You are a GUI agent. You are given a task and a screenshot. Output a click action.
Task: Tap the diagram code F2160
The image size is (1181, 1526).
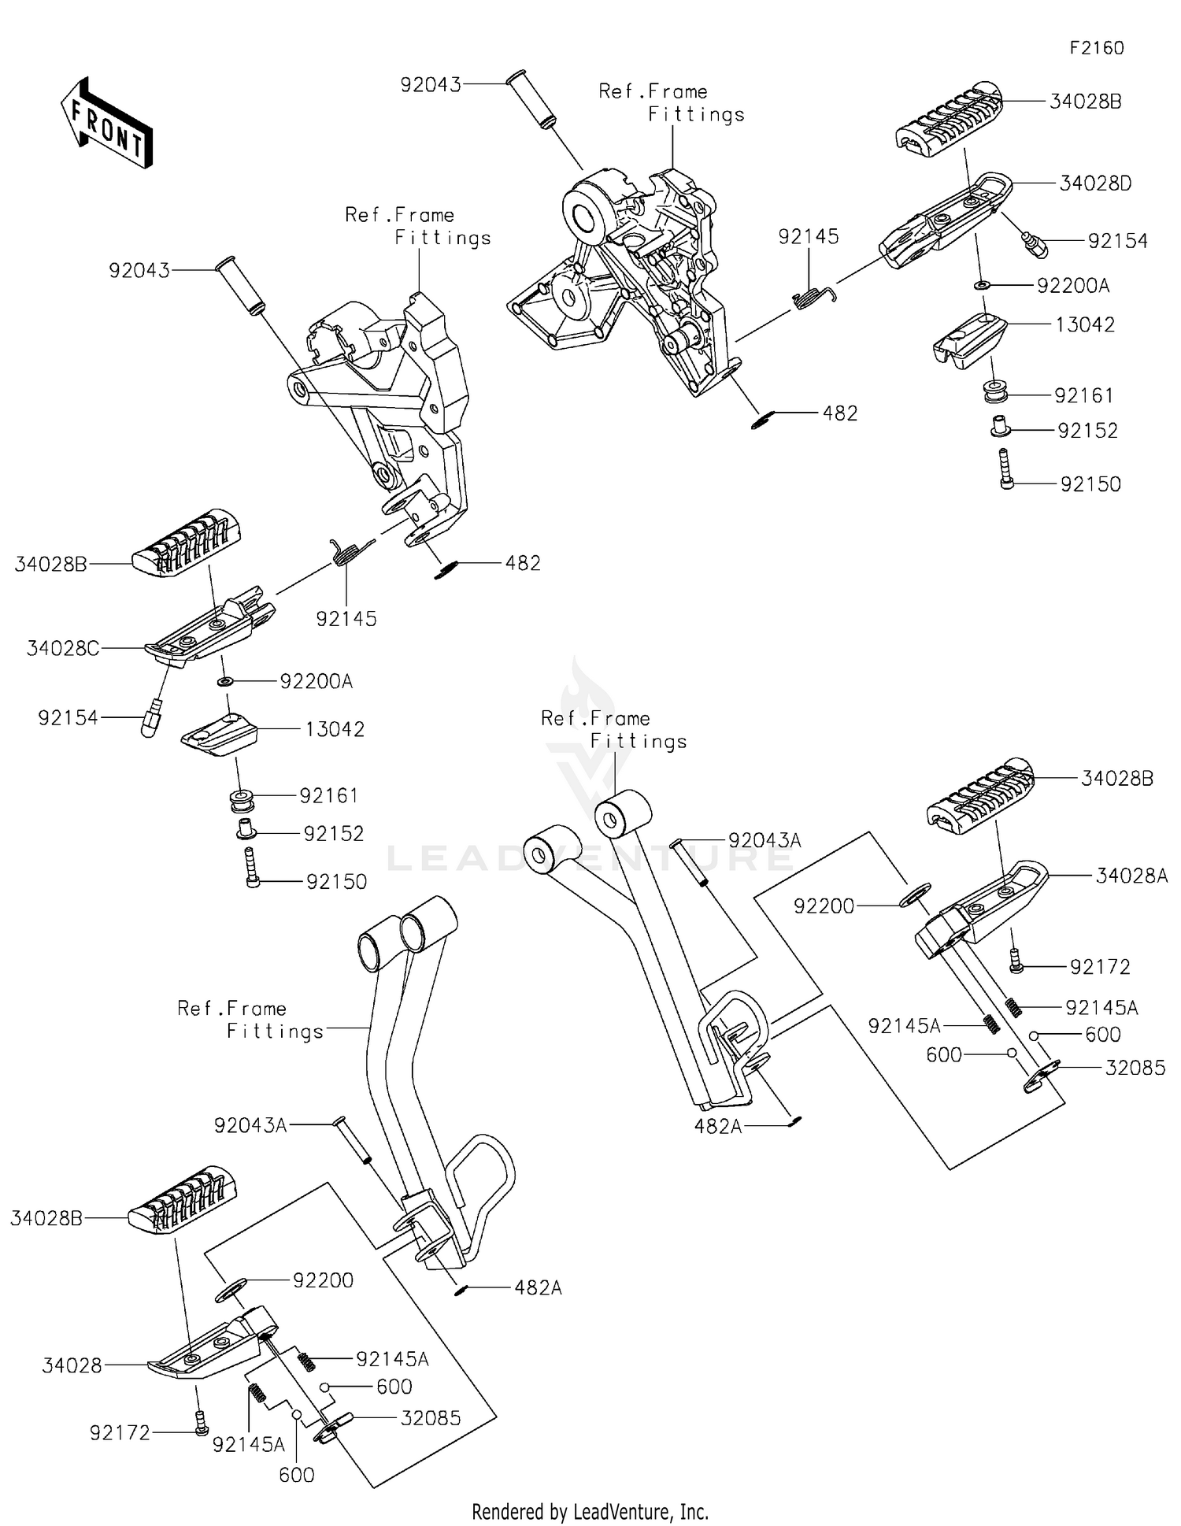[x=1097, y=48]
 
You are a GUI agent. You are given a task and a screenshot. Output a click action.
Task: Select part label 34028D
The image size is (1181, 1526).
[x=1095, y=183]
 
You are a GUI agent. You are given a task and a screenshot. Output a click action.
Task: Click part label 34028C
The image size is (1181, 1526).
[x=63, y=648]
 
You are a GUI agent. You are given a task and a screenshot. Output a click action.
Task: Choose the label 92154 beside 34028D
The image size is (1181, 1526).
[x=1118, y=241]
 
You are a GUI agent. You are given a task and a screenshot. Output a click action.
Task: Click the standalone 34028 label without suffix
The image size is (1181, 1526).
[x=72, y=1365]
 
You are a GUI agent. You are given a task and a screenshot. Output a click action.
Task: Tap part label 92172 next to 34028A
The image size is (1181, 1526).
[x=1100, y=967]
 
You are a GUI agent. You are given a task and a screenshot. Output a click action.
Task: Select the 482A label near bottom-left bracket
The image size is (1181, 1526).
[x=539, y=1287]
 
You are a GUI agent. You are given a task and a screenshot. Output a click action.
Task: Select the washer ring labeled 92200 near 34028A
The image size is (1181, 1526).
[x=915, y=894]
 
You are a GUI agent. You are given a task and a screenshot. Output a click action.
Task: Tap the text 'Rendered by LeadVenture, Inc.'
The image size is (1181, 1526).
[x=590, y=1511]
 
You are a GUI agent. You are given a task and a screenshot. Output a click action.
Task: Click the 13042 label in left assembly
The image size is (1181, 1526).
[x=335, y=729]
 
